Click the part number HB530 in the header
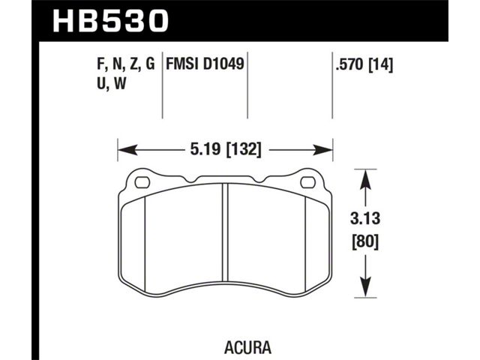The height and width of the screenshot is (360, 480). point(110,20)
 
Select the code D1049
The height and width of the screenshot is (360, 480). point(223,64)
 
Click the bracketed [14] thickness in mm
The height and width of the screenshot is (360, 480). point(381,65)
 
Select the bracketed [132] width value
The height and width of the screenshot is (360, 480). point(244,150)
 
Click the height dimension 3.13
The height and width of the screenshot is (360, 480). point(365,219)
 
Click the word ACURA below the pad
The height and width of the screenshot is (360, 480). point(248,347)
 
